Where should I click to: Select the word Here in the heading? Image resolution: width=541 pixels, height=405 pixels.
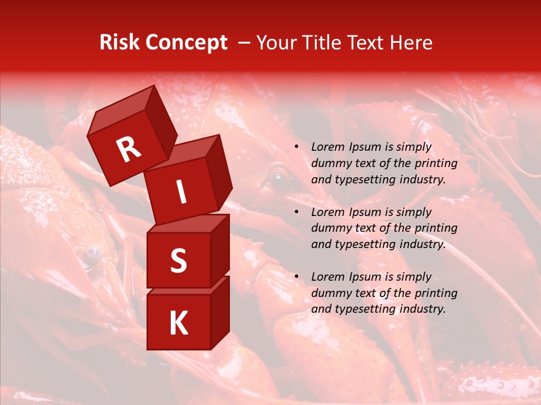[412, 43]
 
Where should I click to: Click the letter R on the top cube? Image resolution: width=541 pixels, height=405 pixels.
[128, 150]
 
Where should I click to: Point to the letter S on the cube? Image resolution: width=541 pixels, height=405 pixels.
[178, 261]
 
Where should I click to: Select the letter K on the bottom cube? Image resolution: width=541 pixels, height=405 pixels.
[178, 323]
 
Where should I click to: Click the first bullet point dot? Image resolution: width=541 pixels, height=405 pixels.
[296, 147]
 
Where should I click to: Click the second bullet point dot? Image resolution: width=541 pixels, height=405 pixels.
[296, 212]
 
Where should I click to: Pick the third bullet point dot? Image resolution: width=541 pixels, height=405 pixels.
[296, 277]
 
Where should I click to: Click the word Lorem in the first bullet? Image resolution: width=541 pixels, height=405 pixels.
[327, 147]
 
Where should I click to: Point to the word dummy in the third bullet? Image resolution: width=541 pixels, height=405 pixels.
[330, 293]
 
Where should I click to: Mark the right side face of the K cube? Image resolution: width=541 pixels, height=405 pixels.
[220, 313]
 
